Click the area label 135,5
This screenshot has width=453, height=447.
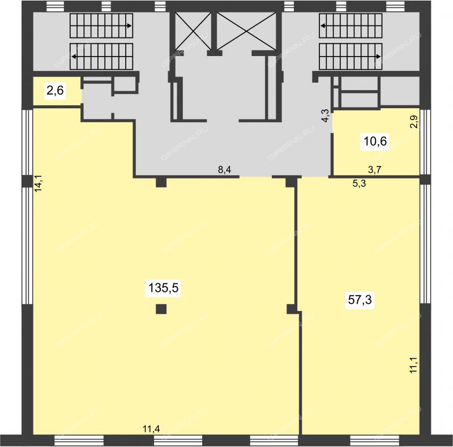tap(164, 288)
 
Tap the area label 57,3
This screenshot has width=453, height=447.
tap(360, 300)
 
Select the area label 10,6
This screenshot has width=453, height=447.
tap(375, 142)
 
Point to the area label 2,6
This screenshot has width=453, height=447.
tap(55, 91)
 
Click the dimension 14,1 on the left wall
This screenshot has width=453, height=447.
tap(39, 183)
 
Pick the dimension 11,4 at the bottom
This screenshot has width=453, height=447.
tap(151, 429)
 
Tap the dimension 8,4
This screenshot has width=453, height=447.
tap(224, 170)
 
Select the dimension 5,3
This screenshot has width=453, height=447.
tap(360, 184)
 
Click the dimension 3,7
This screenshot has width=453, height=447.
tap(374, 170)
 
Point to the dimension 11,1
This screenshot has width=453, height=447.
tap(414, 365)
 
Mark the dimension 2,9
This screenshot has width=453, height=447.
tap(414, 122)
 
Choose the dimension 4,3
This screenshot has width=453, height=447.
tap(325, 116)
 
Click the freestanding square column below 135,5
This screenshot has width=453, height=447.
tap(161, 309)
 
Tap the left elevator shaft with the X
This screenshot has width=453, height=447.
tap(194, 32)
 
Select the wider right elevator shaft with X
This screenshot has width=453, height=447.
tap(246, 32)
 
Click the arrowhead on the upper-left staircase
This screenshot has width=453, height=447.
tap(130, 25)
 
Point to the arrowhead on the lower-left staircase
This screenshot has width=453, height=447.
tap(74, 57)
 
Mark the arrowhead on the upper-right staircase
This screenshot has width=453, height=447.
tap(322, 25)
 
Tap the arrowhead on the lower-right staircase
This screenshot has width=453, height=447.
tap(378, 57)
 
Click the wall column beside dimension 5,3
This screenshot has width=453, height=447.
tap(291, 182)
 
